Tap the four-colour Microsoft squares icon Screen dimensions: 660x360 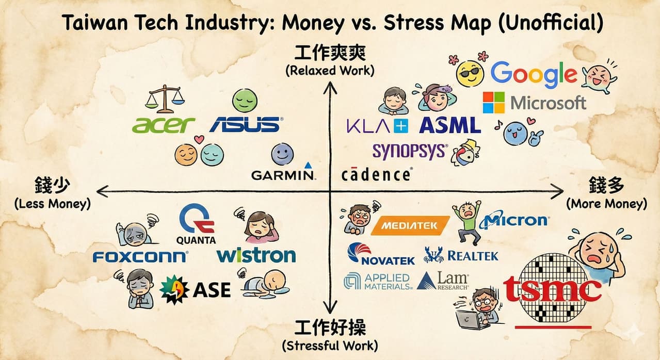(x=494, y=103)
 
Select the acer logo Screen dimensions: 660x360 (x=163, y=125)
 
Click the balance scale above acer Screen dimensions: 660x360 (x=165, y=99)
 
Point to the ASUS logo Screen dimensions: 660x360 (x=246, y=124)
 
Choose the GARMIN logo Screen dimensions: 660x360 (x=283, y=171)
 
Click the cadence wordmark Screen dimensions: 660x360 (x=377, y=174)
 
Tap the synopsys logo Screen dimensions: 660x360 (x=410, y=152)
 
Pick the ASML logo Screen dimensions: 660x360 (x=450, y=125)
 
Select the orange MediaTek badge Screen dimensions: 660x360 (x=410, y=226)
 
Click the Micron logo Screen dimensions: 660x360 (x=514, y=220)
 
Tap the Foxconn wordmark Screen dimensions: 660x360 (x=140, y=257)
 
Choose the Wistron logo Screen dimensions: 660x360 (x=256, y=255)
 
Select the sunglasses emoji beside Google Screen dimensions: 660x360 (x=470, y=74)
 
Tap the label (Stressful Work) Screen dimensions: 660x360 (x=330, y=346)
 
